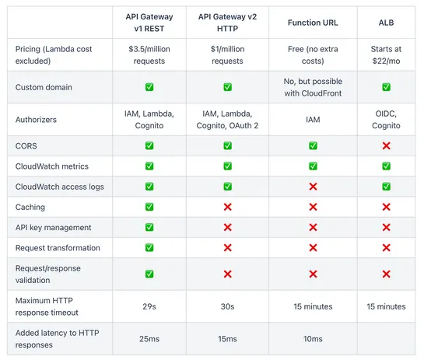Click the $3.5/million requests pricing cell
point(149,55)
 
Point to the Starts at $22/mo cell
point(386,55)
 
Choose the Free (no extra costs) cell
point(313,55)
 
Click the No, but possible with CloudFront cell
point(313,87)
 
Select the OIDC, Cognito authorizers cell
point(386,120)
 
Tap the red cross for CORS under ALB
point(386,146)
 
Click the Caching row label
point(30,208)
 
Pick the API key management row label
point(53,228)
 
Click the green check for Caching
point(149,208)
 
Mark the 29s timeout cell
point(149,306)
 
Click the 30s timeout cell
point(227,306)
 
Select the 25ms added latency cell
point(149,339)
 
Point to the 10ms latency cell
point(313,339)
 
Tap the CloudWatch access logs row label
point(59,187)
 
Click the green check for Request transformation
point(149,248)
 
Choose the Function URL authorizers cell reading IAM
point(313,120)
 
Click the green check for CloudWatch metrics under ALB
point(386,166)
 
